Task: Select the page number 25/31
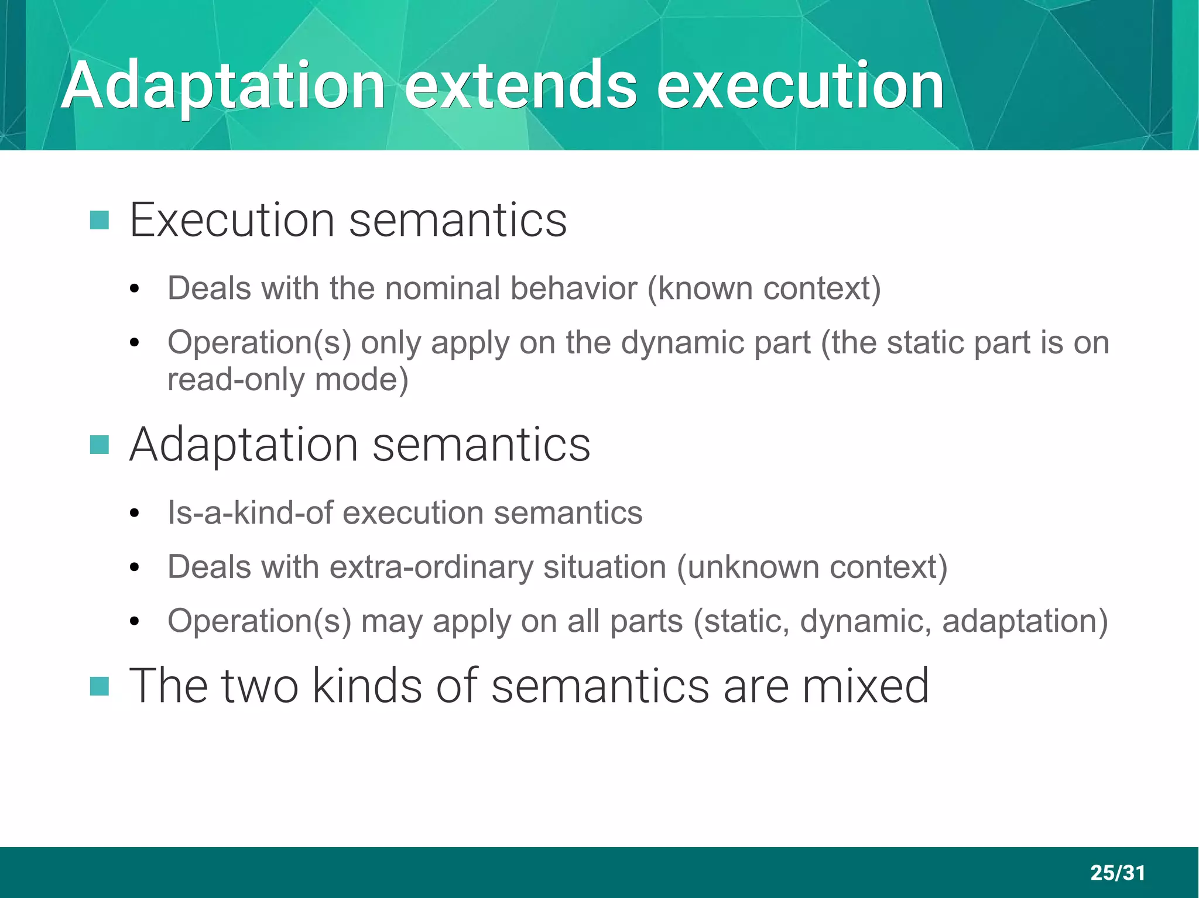[1117, 873]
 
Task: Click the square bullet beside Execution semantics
[100, 221]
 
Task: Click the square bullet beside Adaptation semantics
[100, 445]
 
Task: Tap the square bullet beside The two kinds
[100, 686]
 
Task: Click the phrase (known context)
[763, 288]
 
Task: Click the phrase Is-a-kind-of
[250, 513]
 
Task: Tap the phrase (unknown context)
[812, 567]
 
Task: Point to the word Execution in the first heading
[232, 221]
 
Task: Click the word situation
[605, 567]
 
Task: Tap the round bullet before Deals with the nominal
[135, 290]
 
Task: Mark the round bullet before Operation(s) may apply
[135, 622]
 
